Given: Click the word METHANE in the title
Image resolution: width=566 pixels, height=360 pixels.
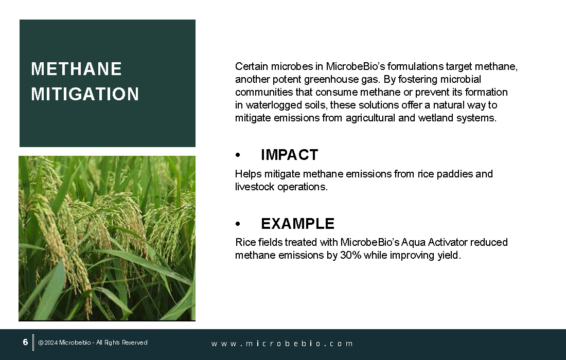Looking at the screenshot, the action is point(76,69).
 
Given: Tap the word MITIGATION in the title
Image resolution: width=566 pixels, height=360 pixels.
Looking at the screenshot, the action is point(85,94).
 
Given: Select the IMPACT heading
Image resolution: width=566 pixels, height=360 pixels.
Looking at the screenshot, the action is point(290,155).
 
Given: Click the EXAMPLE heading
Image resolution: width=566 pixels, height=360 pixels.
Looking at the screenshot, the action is point(298,224).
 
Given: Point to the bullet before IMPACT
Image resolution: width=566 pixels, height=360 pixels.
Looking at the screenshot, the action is point(238,155).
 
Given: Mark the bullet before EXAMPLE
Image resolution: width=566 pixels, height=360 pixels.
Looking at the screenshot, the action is point(238,224).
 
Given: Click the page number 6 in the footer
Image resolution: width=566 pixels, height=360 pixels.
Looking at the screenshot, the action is point(25,342).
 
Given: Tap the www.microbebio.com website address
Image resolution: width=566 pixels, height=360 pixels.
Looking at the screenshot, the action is point(282,344).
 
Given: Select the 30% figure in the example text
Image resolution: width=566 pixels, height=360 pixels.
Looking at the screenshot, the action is point(350,255).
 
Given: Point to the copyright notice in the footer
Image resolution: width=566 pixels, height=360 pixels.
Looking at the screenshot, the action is point(93,343).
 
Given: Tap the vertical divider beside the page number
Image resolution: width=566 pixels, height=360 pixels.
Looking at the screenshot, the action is point(33,343).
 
